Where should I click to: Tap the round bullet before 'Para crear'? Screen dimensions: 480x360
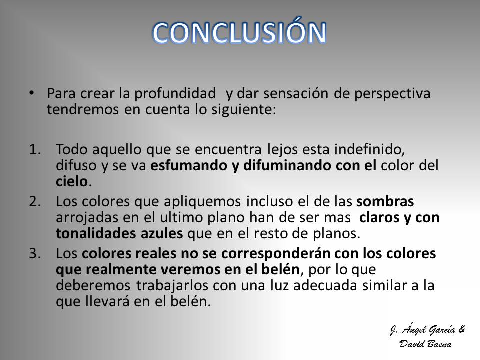31,93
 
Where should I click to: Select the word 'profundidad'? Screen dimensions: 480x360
175,94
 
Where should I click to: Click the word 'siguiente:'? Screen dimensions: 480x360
243,110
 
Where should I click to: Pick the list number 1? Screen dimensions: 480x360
35,149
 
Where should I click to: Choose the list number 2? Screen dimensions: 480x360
35,201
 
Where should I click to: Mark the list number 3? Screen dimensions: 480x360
35,254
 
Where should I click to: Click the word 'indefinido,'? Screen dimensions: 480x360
370,149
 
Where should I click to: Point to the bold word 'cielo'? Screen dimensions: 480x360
72,182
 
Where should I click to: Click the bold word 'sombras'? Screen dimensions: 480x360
385,202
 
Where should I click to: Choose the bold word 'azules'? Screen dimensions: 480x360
162,234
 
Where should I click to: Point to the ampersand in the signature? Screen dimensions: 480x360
461,329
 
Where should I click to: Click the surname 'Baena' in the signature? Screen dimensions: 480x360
439,344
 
